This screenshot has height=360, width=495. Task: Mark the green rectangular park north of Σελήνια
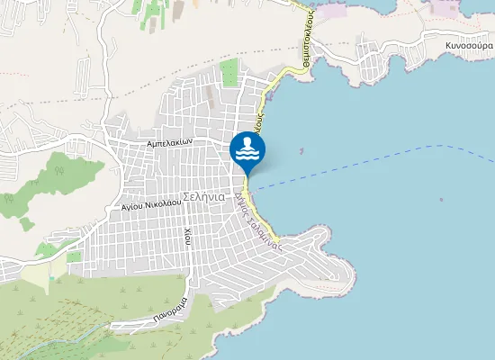[x=229, y=73]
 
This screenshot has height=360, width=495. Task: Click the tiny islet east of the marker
[x=301, y=151]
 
